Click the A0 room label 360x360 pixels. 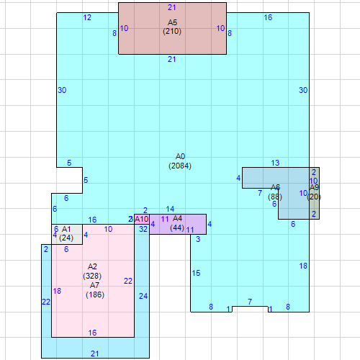coord(180,156)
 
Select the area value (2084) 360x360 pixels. coord(180,166)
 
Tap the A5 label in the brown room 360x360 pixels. coord(172,22)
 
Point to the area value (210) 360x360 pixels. coord(172,32)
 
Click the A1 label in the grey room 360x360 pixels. coord(66,229)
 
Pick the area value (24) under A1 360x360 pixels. coord(66,238)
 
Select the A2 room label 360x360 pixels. coord(92,266)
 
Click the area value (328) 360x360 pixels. coord(92,276)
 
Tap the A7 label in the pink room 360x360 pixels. coord(95,285)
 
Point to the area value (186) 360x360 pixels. coord(95,294)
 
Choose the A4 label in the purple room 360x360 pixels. coord(178,218)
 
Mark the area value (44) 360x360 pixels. coord(177,228)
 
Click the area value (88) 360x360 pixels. coord(275,197)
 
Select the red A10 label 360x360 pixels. coord(142,219)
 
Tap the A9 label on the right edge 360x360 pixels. coord(314,188)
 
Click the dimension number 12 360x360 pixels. coord(87,17)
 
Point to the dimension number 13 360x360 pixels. coord(275,163)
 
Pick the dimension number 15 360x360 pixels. coord(196,273)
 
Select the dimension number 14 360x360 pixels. coord(170,209)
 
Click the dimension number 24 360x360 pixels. coord(143,296)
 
